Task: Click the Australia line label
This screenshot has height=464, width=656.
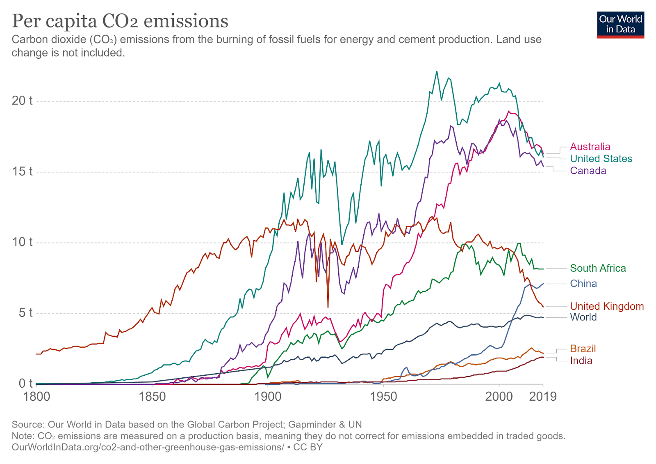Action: (590, 147)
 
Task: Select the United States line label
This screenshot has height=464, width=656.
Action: (601, 158)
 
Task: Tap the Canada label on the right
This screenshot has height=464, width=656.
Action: (588, 170)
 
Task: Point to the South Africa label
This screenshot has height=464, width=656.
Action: (598, 268)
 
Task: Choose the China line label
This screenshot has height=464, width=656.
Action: (583, 283)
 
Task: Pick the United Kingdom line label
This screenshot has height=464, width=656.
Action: (607, 306)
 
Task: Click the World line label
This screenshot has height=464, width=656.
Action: (583, 317)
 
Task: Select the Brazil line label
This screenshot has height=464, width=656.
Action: (583, 349)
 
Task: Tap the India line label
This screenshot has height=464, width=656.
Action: (581, 361)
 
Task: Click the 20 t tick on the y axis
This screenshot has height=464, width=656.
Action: (22, 101)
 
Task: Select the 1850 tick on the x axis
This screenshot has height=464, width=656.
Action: (152, 397)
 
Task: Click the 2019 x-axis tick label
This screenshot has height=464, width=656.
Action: (543, 397)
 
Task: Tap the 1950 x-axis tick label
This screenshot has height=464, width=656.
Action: (383, 397)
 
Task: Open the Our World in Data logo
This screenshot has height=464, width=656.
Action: (620, 25)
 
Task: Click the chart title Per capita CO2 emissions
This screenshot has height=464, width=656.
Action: (120, 21)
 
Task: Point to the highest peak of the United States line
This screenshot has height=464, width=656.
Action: (437, 71)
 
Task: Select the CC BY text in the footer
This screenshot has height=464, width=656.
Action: (308, 447)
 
